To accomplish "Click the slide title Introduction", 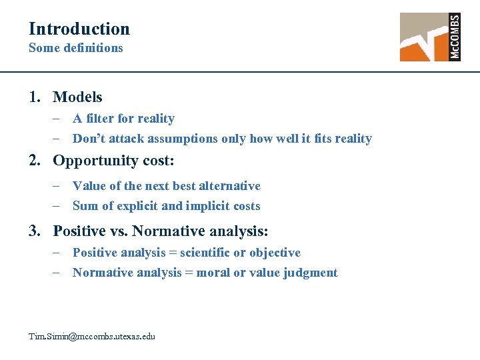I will (79, 29).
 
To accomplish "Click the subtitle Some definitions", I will (75, 48).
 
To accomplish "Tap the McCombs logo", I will (430, 37).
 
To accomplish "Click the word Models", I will (77, 97).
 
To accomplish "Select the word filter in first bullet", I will (99, 119).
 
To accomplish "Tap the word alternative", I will (230, 186).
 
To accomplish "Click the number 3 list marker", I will (34, 231).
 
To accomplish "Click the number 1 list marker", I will (34, 97).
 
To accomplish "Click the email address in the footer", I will (92, 336).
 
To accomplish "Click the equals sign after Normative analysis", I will (189, 273).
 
